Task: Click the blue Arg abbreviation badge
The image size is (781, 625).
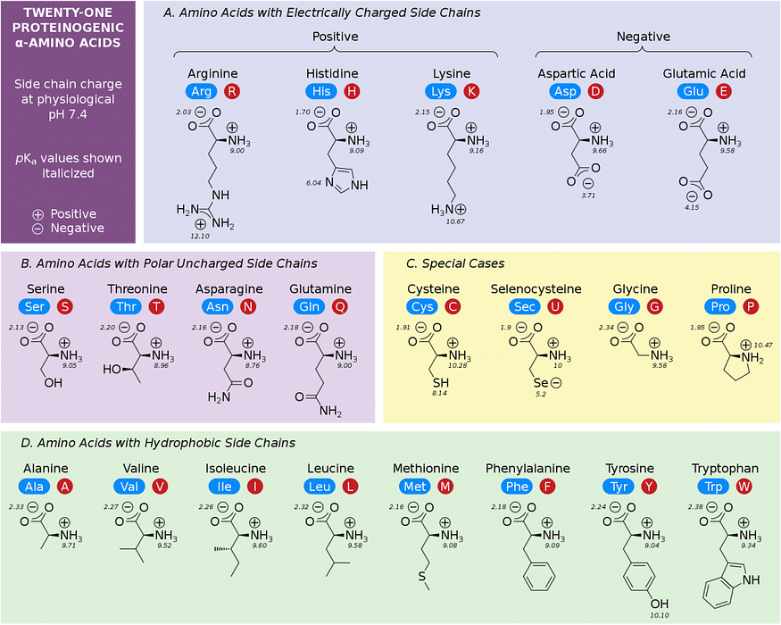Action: [x=201, y=91]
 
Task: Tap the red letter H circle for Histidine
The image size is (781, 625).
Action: [x=352, y=91]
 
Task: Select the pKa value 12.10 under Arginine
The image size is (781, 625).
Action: [x=200, y=236]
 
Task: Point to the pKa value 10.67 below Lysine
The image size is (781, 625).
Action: [x=455, y=221]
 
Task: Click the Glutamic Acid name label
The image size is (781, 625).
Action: [x=704, y=74]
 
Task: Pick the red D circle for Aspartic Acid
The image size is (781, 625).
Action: [x=595, y=91]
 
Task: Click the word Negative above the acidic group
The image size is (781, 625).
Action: [x=643, y=37]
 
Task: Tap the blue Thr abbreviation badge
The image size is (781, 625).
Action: [x=126, y=306]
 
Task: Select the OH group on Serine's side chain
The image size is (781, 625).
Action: [x=54, y=383]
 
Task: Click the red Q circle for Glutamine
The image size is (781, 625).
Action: [x=340, y=306]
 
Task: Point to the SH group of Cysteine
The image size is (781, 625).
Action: [x=441, y=383]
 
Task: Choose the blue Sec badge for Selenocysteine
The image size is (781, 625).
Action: [x=525, y=306]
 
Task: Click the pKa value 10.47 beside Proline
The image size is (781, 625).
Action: [x=762, y=345]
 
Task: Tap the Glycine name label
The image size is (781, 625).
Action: [x=635, y=289]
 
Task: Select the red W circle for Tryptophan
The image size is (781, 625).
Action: [x=744, y=487]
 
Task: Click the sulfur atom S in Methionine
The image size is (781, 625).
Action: [x=422, y=576]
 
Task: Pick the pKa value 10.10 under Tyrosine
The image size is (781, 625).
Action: [x=660, y=615]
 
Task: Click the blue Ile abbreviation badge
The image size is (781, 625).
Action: [x=224, y=487]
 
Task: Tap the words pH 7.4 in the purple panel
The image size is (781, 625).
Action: [x=68, y=114]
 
